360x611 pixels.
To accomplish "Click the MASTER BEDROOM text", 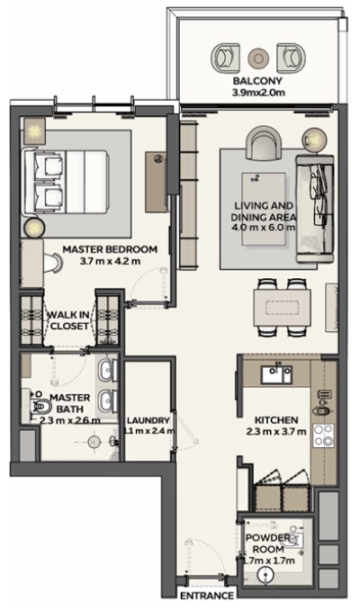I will point(110,249).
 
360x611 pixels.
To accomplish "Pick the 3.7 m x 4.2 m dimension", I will point(110,262).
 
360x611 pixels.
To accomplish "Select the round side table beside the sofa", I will point(314,139).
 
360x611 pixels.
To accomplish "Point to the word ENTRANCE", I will point(206,596).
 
